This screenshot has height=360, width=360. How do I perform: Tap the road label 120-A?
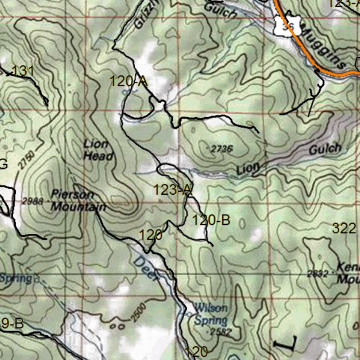[x=128, y=82]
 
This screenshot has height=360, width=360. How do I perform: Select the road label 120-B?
[x=211, y=220]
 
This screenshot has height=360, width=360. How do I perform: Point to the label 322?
[x=344, y=229]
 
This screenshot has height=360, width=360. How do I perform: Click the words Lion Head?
[x=98, y=150]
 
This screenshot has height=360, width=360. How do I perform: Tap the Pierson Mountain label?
[x=78, y=201]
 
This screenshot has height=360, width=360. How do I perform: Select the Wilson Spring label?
[x=211, y=314]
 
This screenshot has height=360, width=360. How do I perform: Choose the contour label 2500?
[x=138, y=311]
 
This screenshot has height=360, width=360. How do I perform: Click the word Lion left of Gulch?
[x=248, y=169]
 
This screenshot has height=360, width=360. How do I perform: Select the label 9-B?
[x=12, y=324]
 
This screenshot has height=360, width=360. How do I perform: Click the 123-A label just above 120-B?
[x=172, y=190]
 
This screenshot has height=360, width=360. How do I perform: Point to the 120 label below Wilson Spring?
[x=196, y=351]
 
